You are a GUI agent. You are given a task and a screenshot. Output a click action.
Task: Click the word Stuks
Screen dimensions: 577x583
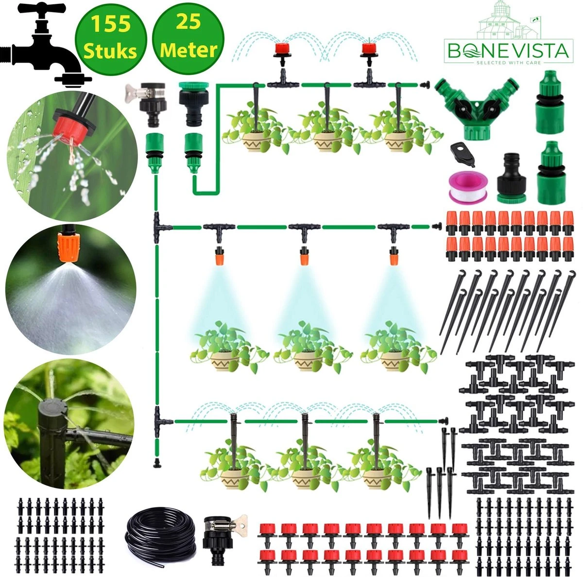[109, 50]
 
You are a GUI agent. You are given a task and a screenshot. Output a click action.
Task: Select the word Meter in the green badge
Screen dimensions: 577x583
[189, 50]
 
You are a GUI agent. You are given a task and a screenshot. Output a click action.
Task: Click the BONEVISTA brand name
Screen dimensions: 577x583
[508, 51]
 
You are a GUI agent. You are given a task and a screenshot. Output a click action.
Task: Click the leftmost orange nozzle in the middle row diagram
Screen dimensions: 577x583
[220, 255]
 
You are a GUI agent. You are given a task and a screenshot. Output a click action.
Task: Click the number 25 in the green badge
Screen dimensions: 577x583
[189, 23]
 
